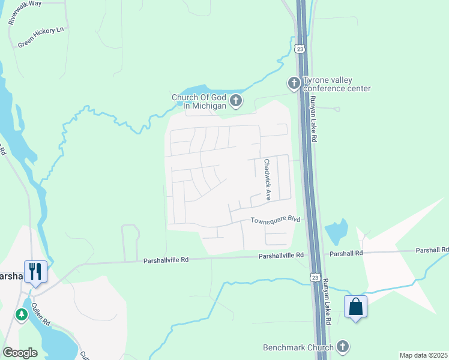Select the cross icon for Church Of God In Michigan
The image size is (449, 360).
point(236,101)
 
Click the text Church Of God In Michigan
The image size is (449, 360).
point(199,101)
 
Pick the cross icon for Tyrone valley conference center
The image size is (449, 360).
point(294,83)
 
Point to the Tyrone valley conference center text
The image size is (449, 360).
point(337,85)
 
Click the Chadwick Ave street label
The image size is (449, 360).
point(267,179)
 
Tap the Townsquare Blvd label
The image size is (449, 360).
point(275,220)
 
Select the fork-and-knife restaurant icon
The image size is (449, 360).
point(35,271)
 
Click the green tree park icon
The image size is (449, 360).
point(22,314)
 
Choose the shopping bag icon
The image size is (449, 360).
point(355,307)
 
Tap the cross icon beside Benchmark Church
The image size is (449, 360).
point(342,346)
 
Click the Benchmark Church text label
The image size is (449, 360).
point(298,347)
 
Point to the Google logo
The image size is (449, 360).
point(20,352)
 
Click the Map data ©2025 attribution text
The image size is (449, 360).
point(423,355)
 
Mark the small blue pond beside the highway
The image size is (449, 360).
point(336,231)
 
